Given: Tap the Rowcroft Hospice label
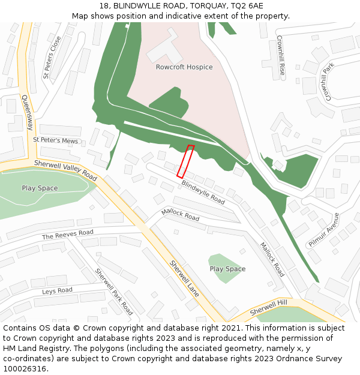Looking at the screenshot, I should coord(184,67).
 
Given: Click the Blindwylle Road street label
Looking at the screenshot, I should coord(203,193).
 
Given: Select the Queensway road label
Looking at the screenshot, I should coord(27,112).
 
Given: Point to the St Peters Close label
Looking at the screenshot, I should coord(52,58).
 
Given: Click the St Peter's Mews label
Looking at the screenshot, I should coord(56,140).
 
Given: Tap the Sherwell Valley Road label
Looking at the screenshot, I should coord(65,170).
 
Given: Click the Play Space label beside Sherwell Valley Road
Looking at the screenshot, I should coord(40,188).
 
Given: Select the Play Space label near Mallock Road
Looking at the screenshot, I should coord(227,269).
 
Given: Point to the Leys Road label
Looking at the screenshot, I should coord(57,291).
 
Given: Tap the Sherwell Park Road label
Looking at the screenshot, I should coord(114,292).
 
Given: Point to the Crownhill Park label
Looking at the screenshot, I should coord(326,80).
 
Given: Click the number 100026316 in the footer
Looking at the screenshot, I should coord(24,369).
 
